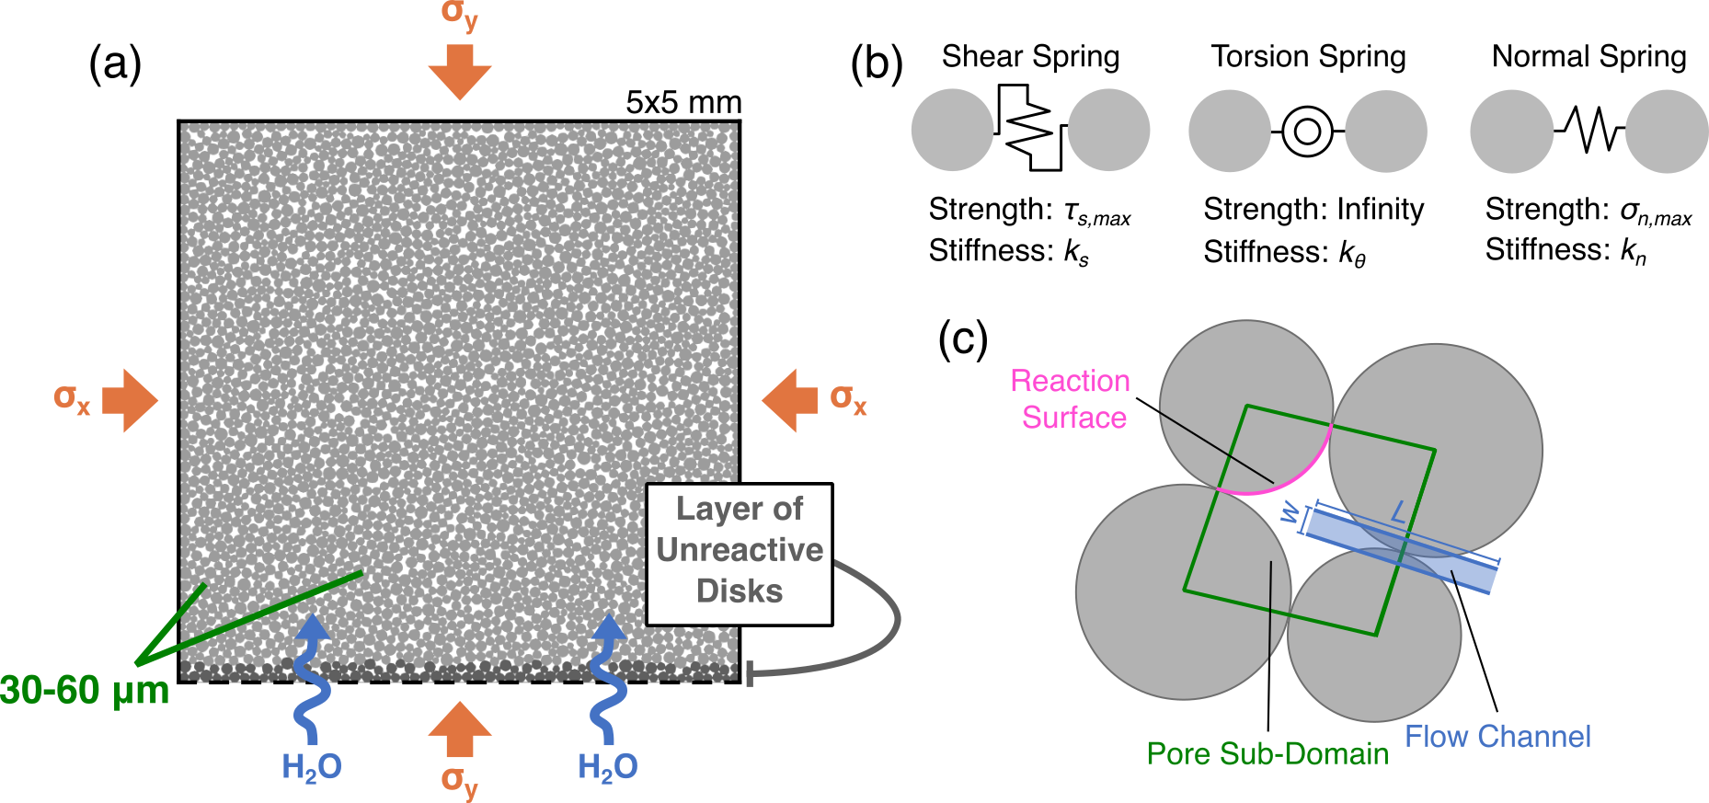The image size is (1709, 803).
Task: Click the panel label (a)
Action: click(x=115, y=65)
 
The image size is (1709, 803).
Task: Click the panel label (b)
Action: click(x=876, y=65)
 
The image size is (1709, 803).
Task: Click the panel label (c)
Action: click(x=962, y=338)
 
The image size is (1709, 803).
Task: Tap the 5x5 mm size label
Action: click(x=683, y=102)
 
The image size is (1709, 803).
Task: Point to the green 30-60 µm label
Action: click(x=85, y=691)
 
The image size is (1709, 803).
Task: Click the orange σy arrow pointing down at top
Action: click(x=460, y=71)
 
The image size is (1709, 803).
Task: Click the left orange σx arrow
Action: click(x=130, y=400)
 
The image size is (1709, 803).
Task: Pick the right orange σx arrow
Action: click(x=790, y=400)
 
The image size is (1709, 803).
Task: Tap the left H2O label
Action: click(x=312, y=766)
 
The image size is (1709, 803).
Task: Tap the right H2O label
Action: click(x=608, y=766)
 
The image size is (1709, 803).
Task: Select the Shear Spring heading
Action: click(x=1030, y=56)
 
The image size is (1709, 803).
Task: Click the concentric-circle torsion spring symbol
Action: click(x=1307, y=132)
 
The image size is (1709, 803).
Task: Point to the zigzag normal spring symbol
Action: click(x=1589, y=130)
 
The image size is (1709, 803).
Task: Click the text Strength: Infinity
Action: click(x=1313, y=210)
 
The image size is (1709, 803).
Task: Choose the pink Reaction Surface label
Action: click(x=1072, y=399)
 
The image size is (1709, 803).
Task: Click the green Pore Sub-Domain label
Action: click(x=1267, y=754)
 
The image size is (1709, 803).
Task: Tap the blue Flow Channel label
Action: click(x=1497, y=737)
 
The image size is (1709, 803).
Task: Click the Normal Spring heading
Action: click(x=1589, y=56)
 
